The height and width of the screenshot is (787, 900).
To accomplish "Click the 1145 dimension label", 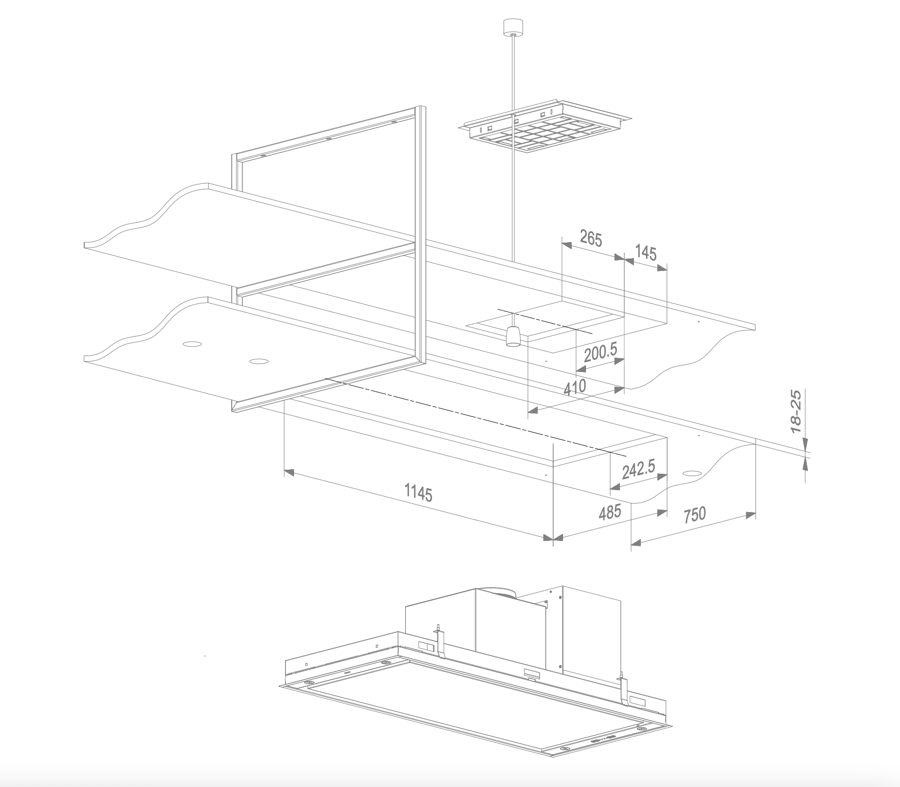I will tap(418, 493).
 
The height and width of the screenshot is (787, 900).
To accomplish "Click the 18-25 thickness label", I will tap(796, 411).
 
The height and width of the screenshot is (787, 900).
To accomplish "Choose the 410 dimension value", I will tap(574, 388).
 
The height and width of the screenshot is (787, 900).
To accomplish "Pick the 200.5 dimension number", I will tap(600, 353).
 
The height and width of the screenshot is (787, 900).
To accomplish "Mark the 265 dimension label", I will tap(591, 239).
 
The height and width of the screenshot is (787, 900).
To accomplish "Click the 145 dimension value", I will tap(646, 253).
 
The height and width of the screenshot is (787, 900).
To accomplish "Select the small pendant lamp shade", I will tap(513, 337).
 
